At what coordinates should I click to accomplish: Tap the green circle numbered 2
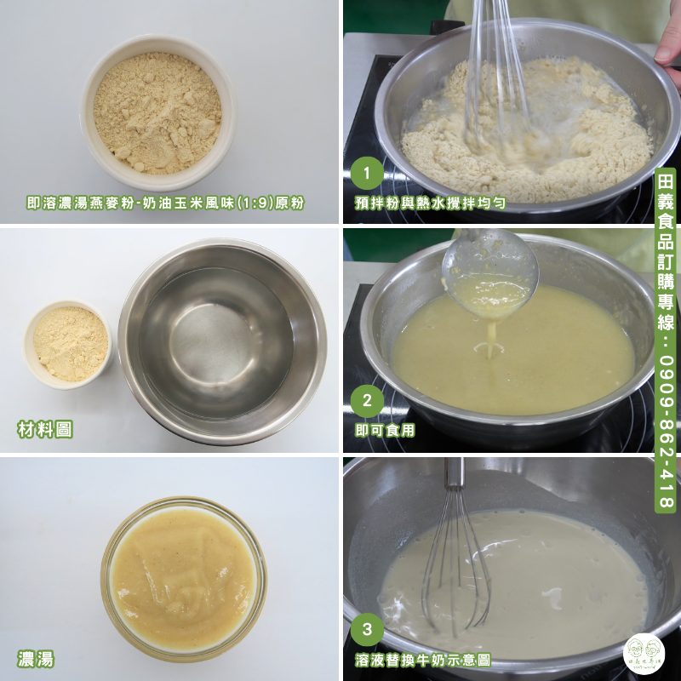pyautogui.click(x=367, y=402)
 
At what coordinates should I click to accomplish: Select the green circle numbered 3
pyautogui.click(x=367, y=630)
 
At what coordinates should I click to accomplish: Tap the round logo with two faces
pyautogui.click(x=644, y=653)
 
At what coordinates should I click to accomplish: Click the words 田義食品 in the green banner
pyautogui.click(x=665, y=216)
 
